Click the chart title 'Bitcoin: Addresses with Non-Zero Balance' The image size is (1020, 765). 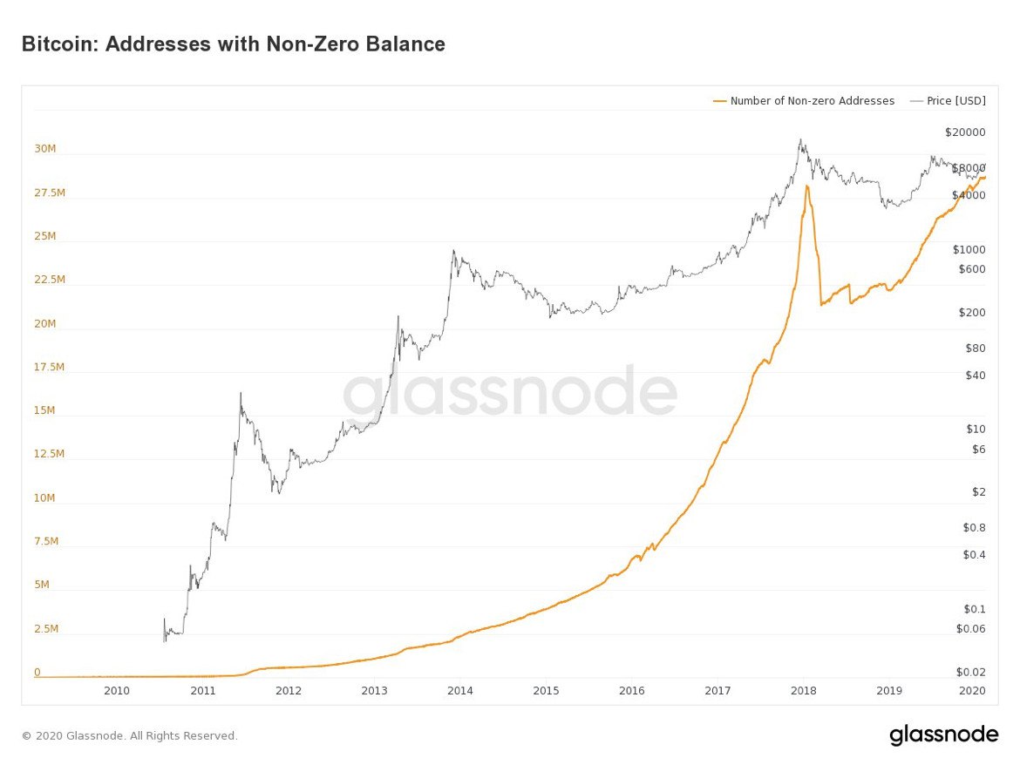pos(233,44)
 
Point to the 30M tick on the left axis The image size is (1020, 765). pos(45,149)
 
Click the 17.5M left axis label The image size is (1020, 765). pos(49,367)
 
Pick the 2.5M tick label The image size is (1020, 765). pos(46,628)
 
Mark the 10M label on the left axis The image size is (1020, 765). pos(45,498)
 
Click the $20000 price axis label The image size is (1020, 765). pos(964,132)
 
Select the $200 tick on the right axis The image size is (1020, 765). pos(971,312)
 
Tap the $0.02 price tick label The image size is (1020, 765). pos(970,671)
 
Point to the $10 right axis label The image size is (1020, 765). pos(975,429)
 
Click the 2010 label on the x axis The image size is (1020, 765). pos(117,691)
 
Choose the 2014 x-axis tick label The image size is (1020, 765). pos(459,691)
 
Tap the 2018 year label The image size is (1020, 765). pos(803,691)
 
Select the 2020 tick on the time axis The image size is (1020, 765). pos(971,691)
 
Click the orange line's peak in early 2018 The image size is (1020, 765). pos(807,186)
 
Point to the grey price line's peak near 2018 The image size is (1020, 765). pos(800,139)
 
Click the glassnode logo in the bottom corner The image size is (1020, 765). pos(943,735)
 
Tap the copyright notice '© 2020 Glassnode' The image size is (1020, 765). pos(129,736)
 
